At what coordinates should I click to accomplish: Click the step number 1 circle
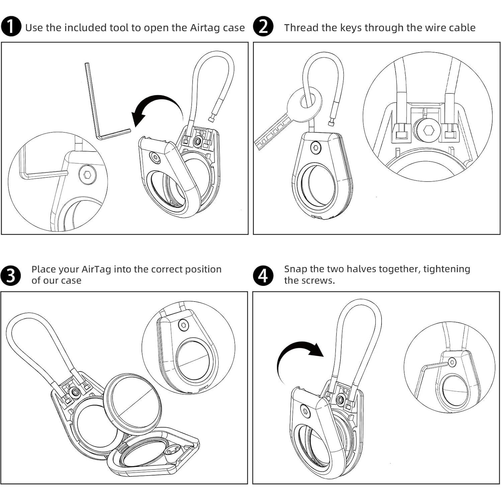coord(11,27)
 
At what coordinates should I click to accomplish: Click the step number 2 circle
coord(263,27)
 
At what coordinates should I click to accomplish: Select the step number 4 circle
coord(263,275)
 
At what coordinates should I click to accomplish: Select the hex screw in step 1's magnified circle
coord(88,174)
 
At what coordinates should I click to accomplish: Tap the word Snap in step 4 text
coord(296,269)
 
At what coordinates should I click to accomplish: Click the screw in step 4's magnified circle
coord(452,362)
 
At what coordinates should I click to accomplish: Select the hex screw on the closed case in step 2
coord(315,147)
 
